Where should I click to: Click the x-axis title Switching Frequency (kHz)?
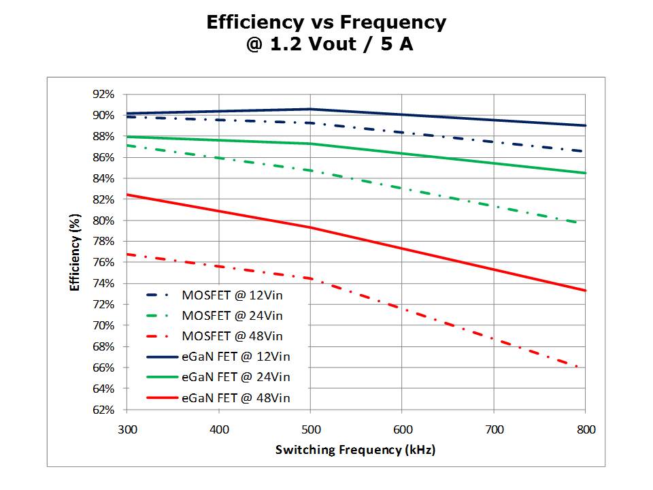pyautogui.click(x=355, y=450)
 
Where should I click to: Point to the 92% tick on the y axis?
pyautogui.click(x=106, y=95)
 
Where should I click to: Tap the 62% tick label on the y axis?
pyautogui.click(x=106, y=410)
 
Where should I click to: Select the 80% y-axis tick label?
pyautogui.click(x=106, y=220)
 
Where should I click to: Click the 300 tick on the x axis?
pyautogui.click(x=127, y=429)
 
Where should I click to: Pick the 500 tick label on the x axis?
pyautogui.click(x=310, y=429)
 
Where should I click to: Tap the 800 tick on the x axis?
pyautogui.click(x=586, y=429)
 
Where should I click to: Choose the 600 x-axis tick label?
pyautogui.click(x=402, y=429)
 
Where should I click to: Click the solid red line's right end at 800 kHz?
pyautogui.click(x=585, y=291)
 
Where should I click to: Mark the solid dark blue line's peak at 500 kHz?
pyautogui.click(x=310, y=109)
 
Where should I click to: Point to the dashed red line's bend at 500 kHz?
pyautogui.click(x=310, y=278)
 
